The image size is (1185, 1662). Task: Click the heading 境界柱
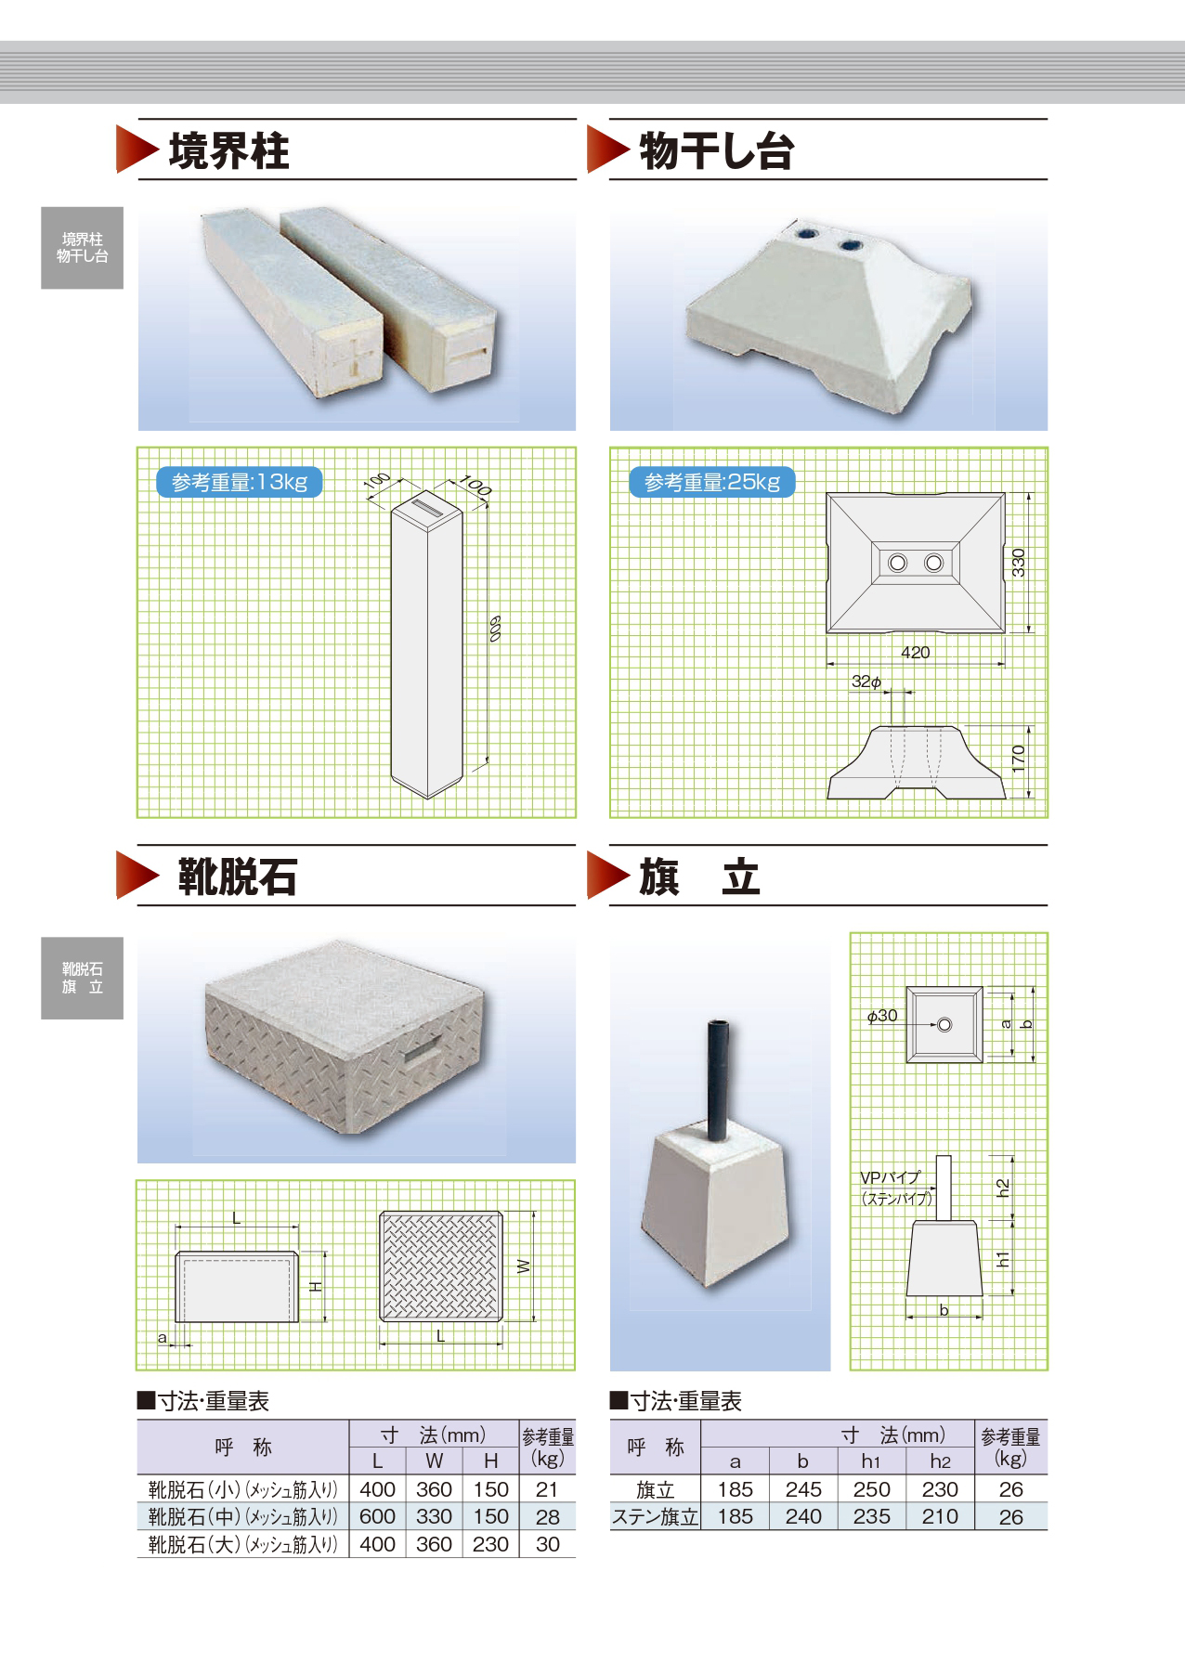228,151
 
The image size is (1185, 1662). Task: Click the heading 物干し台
716,151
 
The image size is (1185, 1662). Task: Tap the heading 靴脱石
237,877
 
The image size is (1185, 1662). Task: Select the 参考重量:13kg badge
240,482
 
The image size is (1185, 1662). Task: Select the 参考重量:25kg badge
712,482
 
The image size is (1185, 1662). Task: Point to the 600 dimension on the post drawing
495,629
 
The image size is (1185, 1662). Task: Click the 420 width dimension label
915,653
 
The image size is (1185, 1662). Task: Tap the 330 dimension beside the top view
1019,563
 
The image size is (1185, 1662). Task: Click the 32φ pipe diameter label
866,682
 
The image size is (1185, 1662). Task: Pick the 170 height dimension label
1019,759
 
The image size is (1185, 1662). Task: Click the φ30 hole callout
882,1016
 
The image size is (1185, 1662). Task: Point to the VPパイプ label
890,1177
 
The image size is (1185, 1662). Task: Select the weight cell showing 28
548,1517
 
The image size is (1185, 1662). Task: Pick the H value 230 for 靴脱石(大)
490,1544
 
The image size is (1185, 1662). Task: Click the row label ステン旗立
655,1517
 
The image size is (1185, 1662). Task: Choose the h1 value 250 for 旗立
871,1489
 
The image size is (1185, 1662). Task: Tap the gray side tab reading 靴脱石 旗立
82,979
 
